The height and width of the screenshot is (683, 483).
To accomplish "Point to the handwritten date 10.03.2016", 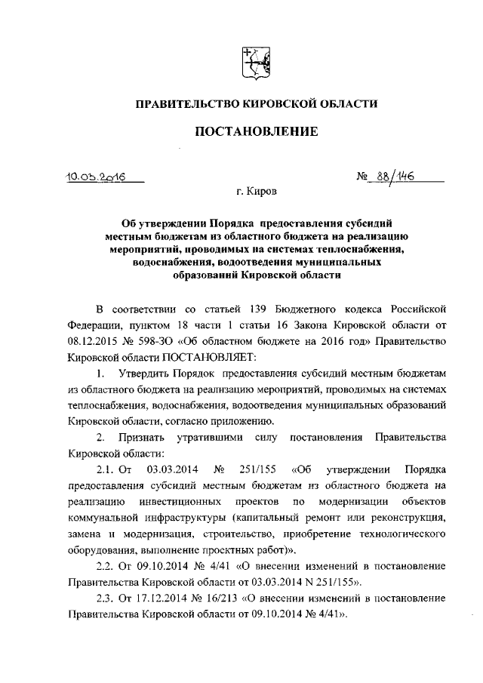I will coord(96,176).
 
